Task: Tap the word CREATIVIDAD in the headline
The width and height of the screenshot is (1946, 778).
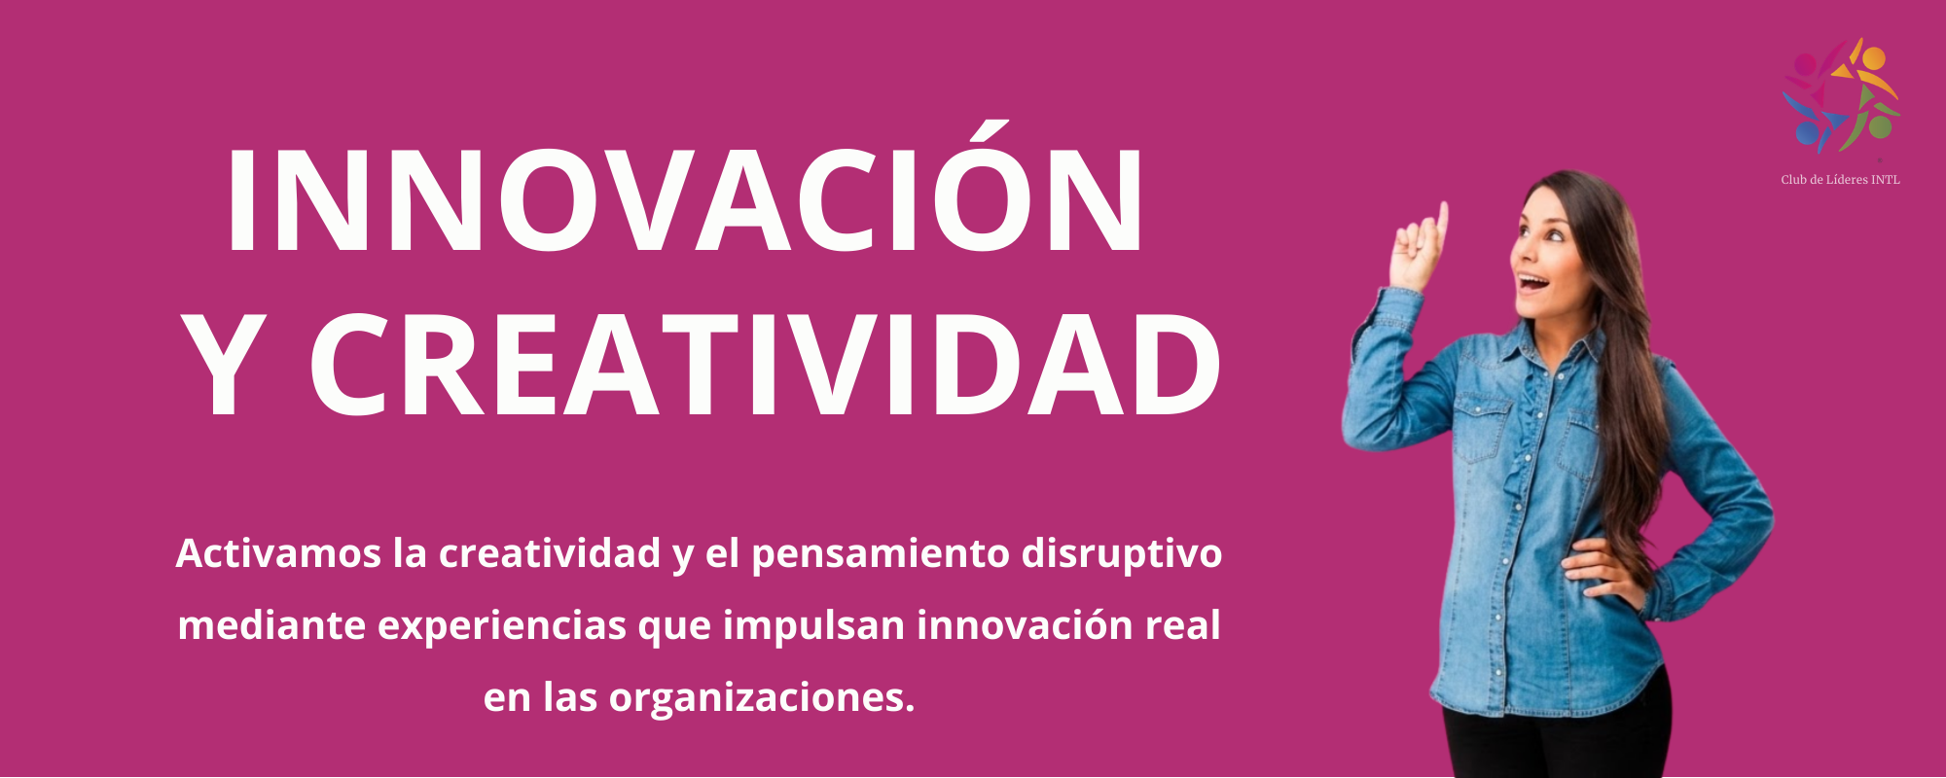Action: coord(766,366)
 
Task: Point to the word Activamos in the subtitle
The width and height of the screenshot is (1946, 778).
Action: coord(278,553)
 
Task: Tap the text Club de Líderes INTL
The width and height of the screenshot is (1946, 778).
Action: coord(1840,180)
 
